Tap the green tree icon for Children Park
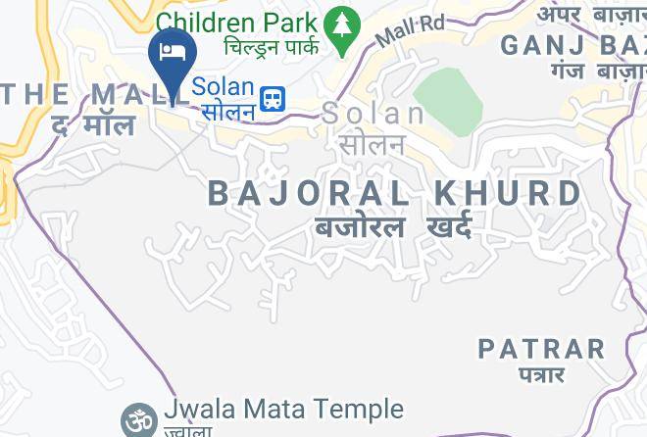[340, 28]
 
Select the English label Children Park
[236, 22]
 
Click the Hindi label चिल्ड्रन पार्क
[272, 47]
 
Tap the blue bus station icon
[273, 97]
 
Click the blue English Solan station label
[223, 86]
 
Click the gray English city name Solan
[373, 114]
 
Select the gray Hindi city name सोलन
[372, 144]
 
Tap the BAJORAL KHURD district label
[395, 193]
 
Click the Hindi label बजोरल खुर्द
[392, 228]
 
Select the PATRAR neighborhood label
[541, 348]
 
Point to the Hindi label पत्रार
[541, 374]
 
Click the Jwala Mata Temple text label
[284, 409]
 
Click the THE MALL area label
[78, 95]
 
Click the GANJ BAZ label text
[572, 45]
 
